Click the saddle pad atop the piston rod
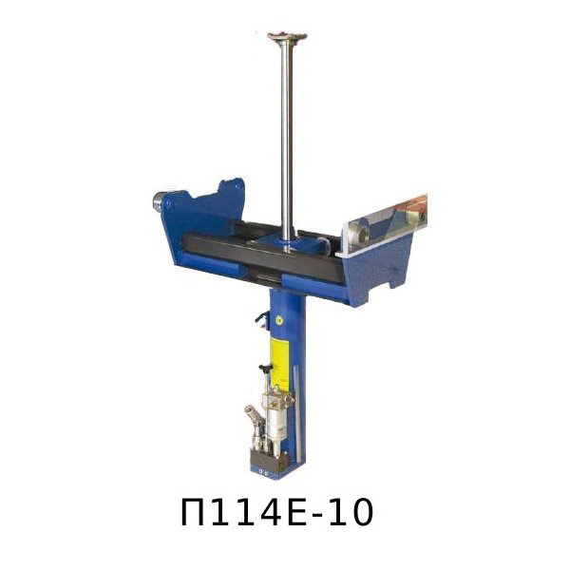click(x=287, y=37)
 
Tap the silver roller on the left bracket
click(x=158, y=201)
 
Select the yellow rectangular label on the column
click(x=279, y=364)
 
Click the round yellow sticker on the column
click(x=279, y=320)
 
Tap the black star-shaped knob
click(x=266, y=370)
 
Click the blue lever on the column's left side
click(x=262, y=317)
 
